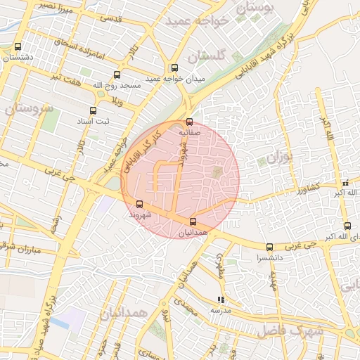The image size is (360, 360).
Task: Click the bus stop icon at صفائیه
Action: click(x=189, y=122)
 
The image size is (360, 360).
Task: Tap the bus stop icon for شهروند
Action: click(x=139, y=204)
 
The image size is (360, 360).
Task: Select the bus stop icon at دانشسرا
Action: click(x=269, y=247)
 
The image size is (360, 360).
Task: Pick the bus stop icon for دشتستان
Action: click(x=18, y=47)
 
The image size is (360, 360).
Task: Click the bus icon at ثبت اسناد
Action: click(x=93, y=110)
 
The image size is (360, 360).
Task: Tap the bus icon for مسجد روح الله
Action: click(x=117, y=74)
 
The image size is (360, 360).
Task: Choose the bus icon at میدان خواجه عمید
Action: click(x=174, y=68)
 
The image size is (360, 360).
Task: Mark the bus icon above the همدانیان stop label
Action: click(x=193, y=222)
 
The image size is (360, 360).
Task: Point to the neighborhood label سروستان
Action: click(x=28, y=108)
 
